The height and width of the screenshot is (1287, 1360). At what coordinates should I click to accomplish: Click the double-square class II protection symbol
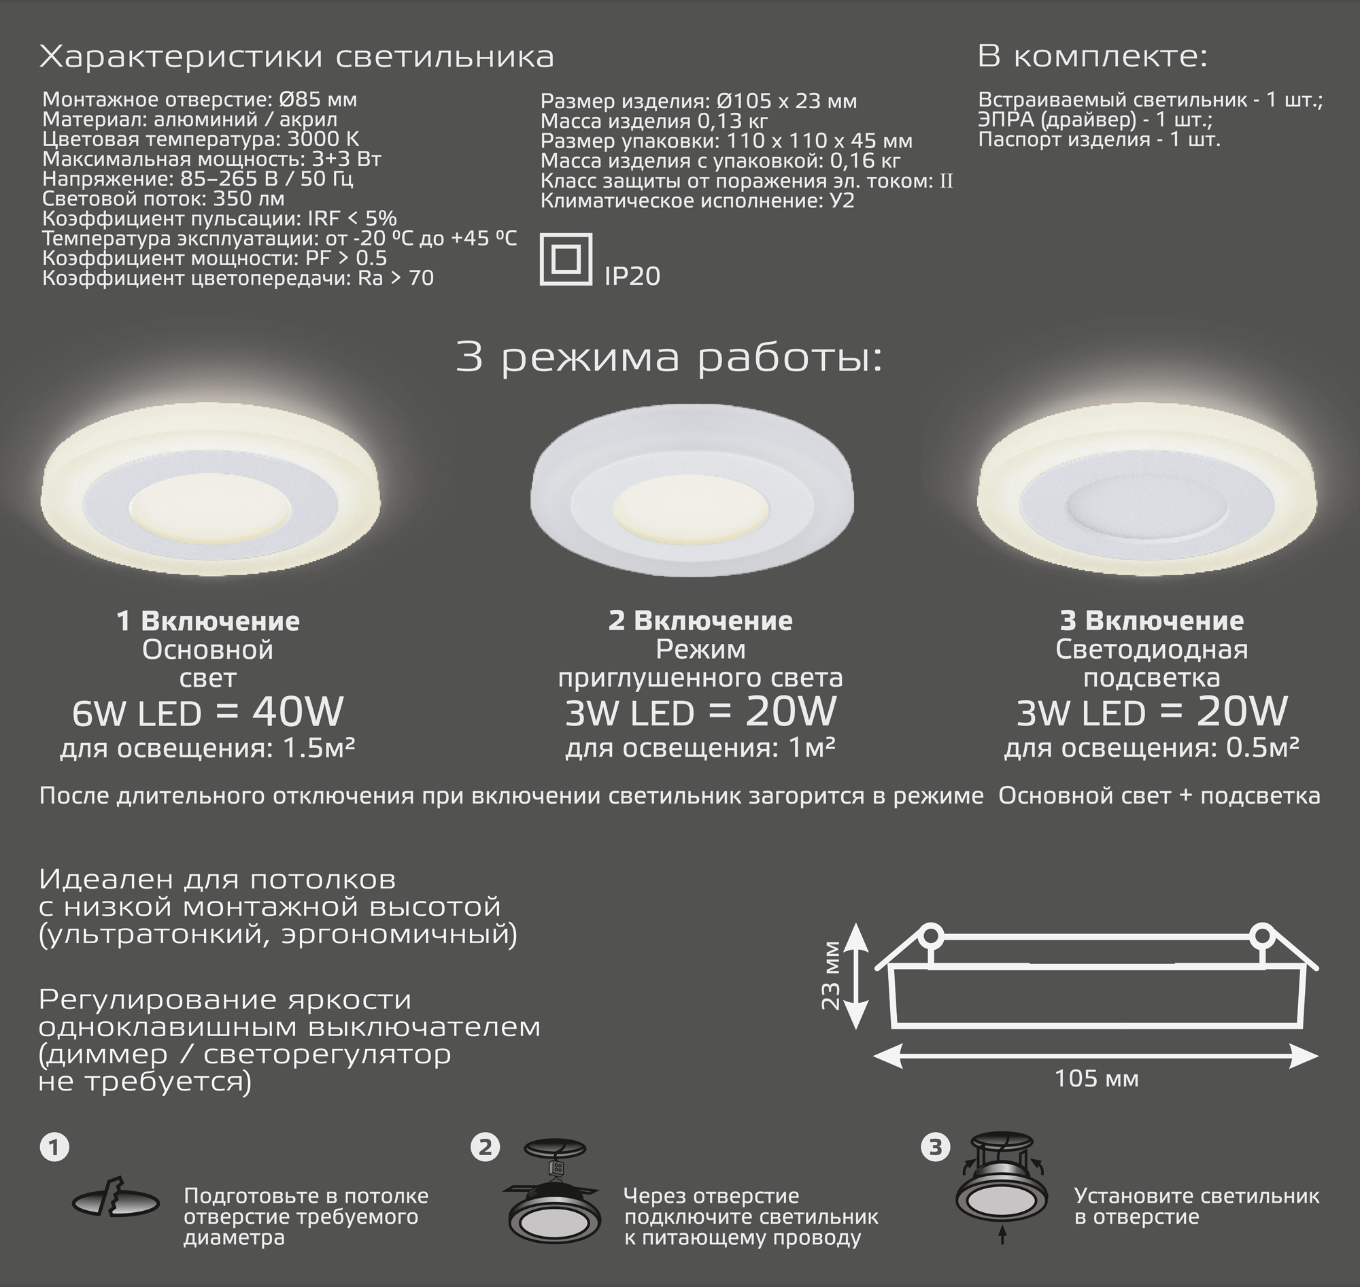[565, 259]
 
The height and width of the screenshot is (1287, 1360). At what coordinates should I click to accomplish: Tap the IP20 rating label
[632, 276]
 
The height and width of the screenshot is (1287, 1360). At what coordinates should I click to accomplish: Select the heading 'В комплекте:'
[1091, 56]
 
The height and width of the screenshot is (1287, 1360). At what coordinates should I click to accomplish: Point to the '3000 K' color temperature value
[322, 139]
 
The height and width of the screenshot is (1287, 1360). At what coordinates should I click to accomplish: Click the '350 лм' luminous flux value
[248, 199]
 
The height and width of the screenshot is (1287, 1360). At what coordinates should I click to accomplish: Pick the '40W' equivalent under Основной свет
[297, 711]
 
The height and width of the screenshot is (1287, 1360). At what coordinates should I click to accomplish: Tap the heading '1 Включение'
[208, 621]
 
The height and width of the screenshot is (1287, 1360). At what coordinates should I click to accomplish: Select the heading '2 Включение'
[700, 620]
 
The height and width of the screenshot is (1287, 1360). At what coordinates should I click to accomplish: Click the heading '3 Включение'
[1151, 620]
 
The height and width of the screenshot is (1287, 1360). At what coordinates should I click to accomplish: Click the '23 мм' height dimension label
[831, 976]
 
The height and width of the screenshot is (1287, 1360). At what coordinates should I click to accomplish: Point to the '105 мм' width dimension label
[1096, 1078]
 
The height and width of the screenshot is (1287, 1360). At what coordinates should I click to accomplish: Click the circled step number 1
[54, 1147]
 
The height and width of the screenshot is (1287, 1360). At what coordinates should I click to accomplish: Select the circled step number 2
[485, 1147]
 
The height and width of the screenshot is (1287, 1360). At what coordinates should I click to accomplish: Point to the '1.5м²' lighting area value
[318, 748]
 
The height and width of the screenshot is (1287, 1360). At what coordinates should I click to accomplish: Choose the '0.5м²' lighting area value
[1262, 747]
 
